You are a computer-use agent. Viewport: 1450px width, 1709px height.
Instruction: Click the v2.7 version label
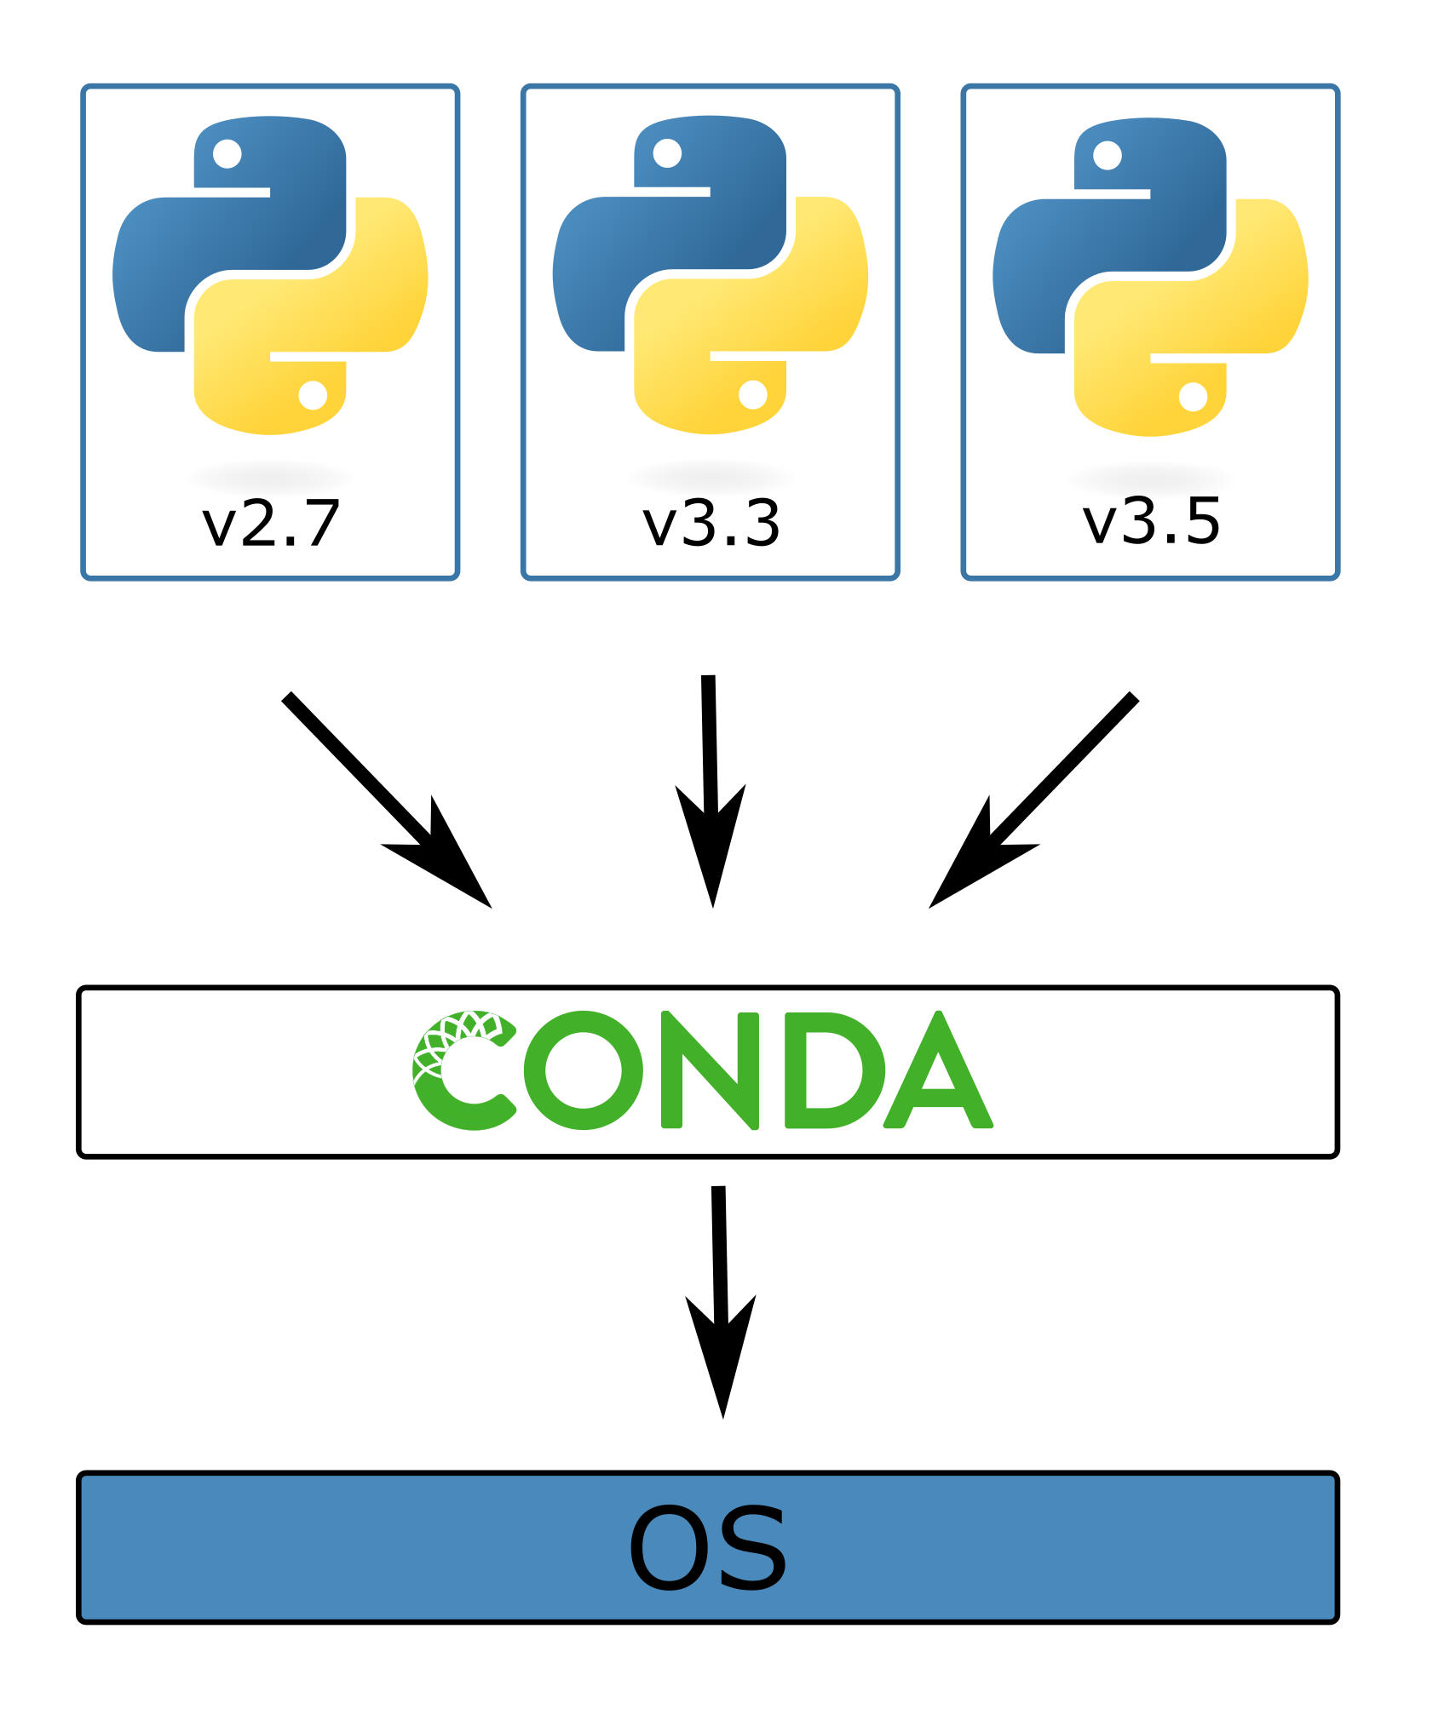pos(271,523)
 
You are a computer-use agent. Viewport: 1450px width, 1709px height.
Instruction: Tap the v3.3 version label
pos(711,523)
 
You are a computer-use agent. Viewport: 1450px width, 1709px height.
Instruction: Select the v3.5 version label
pos(1152,521)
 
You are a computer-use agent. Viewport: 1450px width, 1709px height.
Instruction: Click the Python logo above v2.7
pos(270,275)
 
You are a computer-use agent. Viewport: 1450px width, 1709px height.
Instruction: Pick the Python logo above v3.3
pos(711,275)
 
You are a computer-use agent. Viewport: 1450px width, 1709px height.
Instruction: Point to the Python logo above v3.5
pos(1151,277)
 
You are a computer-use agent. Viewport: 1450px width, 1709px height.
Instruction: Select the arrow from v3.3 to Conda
pos(710,792)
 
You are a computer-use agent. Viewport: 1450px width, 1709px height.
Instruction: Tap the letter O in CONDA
pos(584,1070)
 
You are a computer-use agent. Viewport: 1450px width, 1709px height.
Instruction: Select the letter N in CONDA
pos(710,1070)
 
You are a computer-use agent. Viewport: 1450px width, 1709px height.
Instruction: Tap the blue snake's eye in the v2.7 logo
pos(227,154)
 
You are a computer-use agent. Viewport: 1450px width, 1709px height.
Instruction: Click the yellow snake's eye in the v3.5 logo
pos(1193,397)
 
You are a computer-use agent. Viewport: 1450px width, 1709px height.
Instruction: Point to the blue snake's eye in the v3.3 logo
pos(667,154)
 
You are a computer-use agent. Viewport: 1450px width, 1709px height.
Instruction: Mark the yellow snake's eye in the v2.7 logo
pos(313,395)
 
